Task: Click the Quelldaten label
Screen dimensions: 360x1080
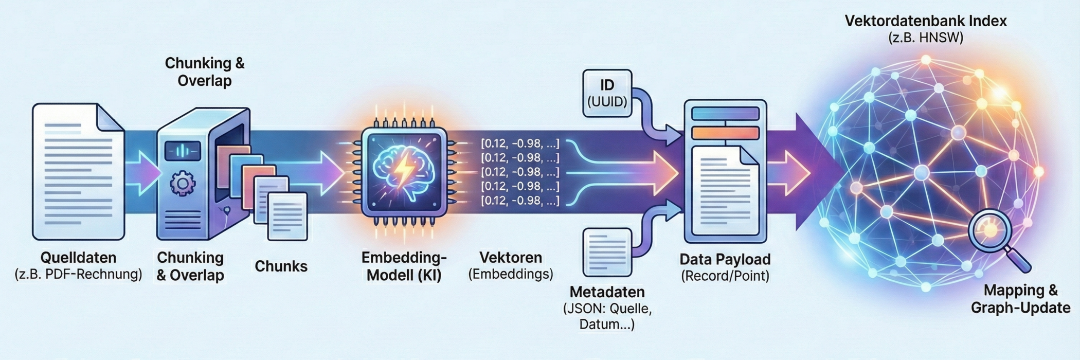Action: point(78,257)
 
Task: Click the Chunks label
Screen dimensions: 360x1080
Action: point(281,266)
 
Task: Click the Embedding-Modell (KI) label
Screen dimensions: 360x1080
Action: point(404,266)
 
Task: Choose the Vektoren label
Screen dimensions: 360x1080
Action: point(511,257)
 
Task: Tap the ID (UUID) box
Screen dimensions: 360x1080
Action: point(607,94)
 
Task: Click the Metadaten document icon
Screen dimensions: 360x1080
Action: point(607,252)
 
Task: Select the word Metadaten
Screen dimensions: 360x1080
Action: point(607,292)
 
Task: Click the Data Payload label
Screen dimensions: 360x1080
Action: point(725,259)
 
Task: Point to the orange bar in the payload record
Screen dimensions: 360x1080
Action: point(725,133)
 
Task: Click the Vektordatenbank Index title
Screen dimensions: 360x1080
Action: point(926,21)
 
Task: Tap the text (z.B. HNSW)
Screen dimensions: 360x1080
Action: point(926,38)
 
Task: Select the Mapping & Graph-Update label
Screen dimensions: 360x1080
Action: point(1020,299)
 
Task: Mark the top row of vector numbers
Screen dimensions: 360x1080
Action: point(519,143)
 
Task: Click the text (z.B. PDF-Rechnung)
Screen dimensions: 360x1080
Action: point(78,274)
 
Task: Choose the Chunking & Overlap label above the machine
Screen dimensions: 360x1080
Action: point(205,71)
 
